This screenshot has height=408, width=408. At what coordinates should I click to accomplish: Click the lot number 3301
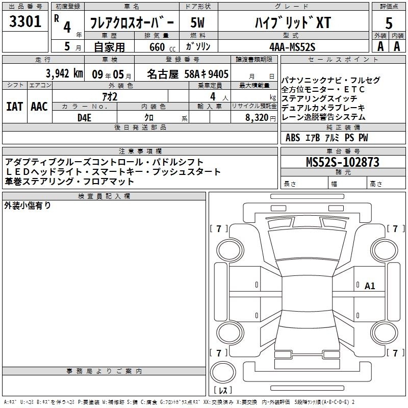pos(25,21)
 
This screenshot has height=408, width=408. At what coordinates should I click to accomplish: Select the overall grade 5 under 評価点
pos(389,23)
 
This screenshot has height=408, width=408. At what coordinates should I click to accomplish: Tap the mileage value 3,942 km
pos(64,73)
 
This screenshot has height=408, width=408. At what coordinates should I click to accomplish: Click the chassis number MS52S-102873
pos(343,162)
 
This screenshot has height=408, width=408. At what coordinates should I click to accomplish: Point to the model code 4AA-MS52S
pos(292,47)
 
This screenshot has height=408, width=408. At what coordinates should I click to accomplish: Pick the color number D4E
pos(84,118)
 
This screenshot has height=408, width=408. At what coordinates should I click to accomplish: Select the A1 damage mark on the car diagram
pos(370,286)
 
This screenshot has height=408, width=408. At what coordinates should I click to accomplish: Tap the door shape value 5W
pos(197,23)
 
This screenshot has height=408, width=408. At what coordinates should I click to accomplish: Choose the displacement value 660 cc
pos(162,47)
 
